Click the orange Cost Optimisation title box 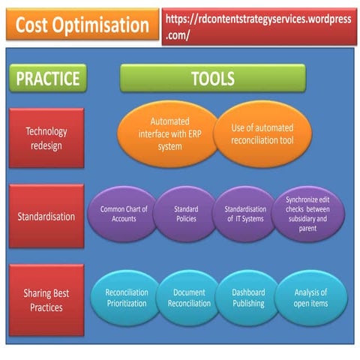pos(82,25)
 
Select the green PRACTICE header pos(46,78)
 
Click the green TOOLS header pos(213,78)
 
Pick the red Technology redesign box pos(46,138)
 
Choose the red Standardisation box pos(46,217)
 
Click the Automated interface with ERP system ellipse pos(170,133)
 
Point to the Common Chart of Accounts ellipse pos(124,214)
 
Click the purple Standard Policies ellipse pos(186,214)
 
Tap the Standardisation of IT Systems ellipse pos(246,214)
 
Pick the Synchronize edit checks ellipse pos(308,214)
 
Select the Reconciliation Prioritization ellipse pos(127,298)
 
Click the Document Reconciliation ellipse pos(188,298)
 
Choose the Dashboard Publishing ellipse pos(248,298)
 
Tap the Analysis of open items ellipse pos(310,298)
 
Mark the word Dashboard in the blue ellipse pos(248,292)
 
